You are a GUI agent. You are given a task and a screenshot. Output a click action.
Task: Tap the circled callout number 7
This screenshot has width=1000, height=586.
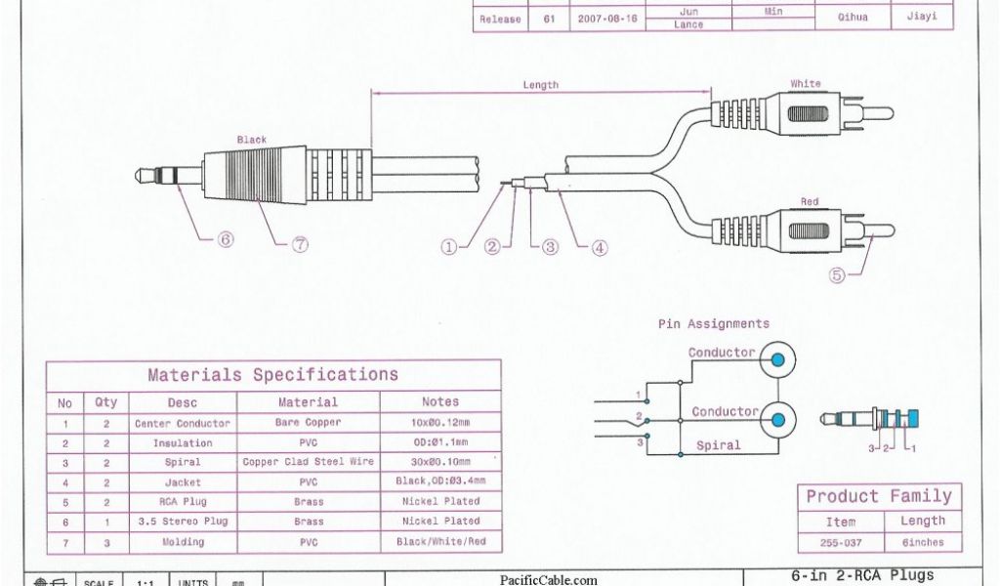pos(300,245)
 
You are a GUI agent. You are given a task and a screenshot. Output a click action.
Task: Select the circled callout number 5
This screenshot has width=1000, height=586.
pos(836,275)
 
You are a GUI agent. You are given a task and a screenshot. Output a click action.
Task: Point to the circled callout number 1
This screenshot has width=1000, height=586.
pos(449,247)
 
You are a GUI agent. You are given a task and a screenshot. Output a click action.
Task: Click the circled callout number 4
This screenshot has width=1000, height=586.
pos(600,247)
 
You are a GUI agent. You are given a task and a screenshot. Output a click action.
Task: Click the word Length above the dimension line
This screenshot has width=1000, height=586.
pos(540,85)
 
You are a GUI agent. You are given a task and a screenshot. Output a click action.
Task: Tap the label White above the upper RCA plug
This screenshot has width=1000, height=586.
pos(806,84)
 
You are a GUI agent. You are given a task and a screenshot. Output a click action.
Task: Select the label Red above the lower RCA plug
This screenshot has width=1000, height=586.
pos(810,201)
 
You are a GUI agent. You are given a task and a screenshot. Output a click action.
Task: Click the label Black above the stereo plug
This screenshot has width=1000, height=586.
pos(252,140)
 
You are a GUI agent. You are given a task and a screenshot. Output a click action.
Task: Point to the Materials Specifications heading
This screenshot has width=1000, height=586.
pos(272,375)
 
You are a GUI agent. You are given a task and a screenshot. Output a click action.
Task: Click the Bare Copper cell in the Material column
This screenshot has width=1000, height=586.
pos(309,423)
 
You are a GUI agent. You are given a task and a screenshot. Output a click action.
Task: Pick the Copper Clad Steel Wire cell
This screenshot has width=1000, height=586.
pos(309,462)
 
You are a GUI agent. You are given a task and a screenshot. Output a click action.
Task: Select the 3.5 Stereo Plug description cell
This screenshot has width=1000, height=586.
pos(183,522)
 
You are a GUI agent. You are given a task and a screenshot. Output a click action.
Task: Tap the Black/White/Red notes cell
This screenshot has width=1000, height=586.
pos(440,541)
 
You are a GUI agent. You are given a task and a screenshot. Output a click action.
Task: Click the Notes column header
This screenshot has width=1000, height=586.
pos(440,401)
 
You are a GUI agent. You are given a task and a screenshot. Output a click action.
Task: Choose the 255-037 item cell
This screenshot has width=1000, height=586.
pos(840,542)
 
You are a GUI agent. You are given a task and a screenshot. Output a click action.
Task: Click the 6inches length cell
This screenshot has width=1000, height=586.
pos(922,542)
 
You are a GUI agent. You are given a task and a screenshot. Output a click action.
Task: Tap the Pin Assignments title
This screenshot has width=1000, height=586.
pos(713,323)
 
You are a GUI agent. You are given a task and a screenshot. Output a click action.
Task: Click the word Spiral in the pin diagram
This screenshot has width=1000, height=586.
pos(718,445)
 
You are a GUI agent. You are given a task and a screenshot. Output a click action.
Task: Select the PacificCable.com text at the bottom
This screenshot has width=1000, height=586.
pos(549,579)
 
